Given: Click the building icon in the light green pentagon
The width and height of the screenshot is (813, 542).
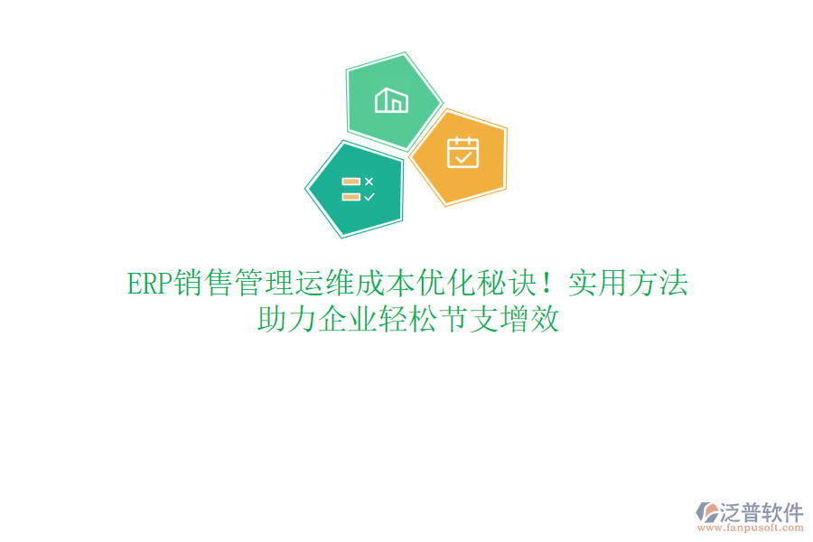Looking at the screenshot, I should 391,99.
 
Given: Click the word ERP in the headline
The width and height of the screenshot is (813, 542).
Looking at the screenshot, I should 148,284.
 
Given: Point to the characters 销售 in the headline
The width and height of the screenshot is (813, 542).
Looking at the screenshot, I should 202,284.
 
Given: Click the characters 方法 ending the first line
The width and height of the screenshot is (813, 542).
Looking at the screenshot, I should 659,284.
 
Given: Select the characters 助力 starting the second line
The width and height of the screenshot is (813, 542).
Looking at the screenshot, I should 286,320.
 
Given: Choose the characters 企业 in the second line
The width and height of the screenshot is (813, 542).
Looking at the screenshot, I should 347,320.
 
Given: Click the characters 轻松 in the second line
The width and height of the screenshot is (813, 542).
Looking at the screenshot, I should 407,320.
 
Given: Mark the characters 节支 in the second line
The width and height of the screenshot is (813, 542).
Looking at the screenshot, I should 468,320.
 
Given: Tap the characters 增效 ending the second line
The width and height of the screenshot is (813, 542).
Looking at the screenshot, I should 528,320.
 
